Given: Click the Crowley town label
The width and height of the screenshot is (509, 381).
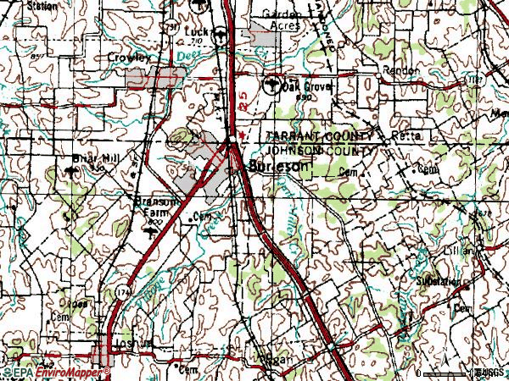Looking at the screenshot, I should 129,58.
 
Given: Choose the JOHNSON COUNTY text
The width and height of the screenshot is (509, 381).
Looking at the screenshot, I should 317,150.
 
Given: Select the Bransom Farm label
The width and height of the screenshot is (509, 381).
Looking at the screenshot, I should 156,207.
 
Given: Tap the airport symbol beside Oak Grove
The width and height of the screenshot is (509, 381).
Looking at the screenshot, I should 272,84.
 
